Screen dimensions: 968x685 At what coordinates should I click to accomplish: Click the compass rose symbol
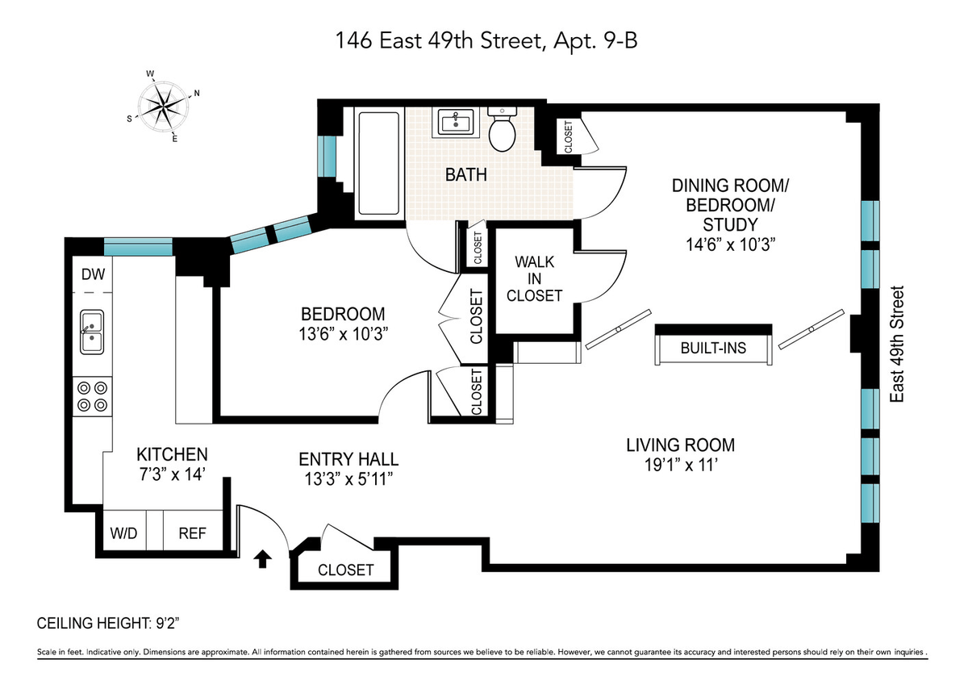162,106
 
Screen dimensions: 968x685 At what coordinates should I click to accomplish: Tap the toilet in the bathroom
502,129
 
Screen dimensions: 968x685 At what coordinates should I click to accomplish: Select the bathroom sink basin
456,122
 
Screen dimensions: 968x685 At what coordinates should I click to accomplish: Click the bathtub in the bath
378,163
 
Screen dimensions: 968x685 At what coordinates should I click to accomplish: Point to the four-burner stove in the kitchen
92,397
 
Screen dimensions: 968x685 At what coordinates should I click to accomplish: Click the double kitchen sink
92,332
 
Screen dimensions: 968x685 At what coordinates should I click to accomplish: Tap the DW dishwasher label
94,274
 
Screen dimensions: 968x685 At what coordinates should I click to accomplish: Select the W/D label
123,533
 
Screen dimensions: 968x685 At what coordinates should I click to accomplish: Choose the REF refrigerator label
192,533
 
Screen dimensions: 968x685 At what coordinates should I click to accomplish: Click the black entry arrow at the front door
263,558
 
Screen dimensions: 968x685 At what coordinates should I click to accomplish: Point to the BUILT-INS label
713,348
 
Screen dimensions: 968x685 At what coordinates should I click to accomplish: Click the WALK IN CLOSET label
535,278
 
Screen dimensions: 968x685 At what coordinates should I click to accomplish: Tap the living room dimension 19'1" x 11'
681,466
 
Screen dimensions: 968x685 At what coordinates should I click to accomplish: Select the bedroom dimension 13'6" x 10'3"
343,334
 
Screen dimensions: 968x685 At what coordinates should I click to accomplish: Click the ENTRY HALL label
348,459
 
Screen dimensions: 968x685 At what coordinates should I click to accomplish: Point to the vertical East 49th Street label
897,344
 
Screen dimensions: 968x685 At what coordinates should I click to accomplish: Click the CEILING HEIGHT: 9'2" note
108,623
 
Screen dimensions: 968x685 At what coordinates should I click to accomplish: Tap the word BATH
466,174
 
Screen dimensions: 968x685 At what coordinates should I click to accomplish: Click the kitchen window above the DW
138,246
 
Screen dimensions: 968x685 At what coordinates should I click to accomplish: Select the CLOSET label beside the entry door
346,570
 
